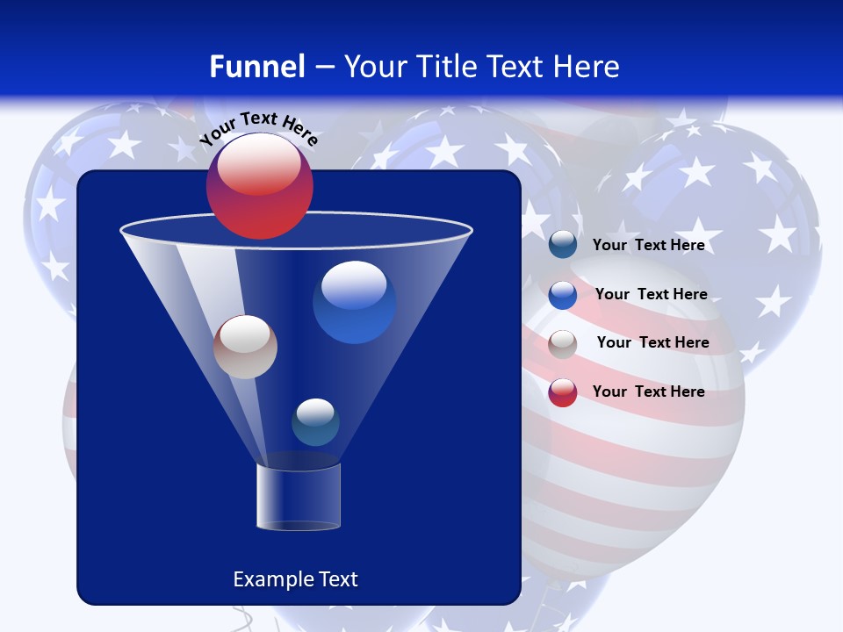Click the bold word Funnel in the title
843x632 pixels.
[x=256, y=66]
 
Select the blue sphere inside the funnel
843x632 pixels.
[x=354, y=303]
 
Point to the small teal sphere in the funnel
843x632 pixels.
[x=315, y=422]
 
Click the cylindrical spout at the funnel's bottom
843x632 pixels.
[x=299, y=497]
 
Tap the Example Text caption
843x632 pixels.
[x=295, y=579]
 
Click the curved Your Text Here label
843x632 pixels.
[x=258, y=128]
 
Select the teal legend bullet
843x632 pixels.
[x=563, y=245]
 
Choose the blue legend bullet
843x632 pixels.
[x=563, y=295]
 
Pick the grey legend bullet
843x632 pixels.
[x=563, y=343]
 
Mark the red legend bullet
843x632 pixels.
[x=563, y=392]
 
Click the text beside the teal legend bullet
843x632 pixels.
[x=648, y=245]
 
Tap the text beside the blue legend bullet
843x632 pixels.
[x=651, y=294]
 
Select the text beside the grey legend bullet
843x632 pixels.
[x=652, y=342]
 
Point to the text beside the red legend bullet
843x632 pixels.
[x=648, y=391]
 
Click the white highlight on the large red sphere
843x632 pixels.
[x=258, y=167]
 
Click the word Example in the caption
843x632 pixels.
[x=264, y=579]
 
